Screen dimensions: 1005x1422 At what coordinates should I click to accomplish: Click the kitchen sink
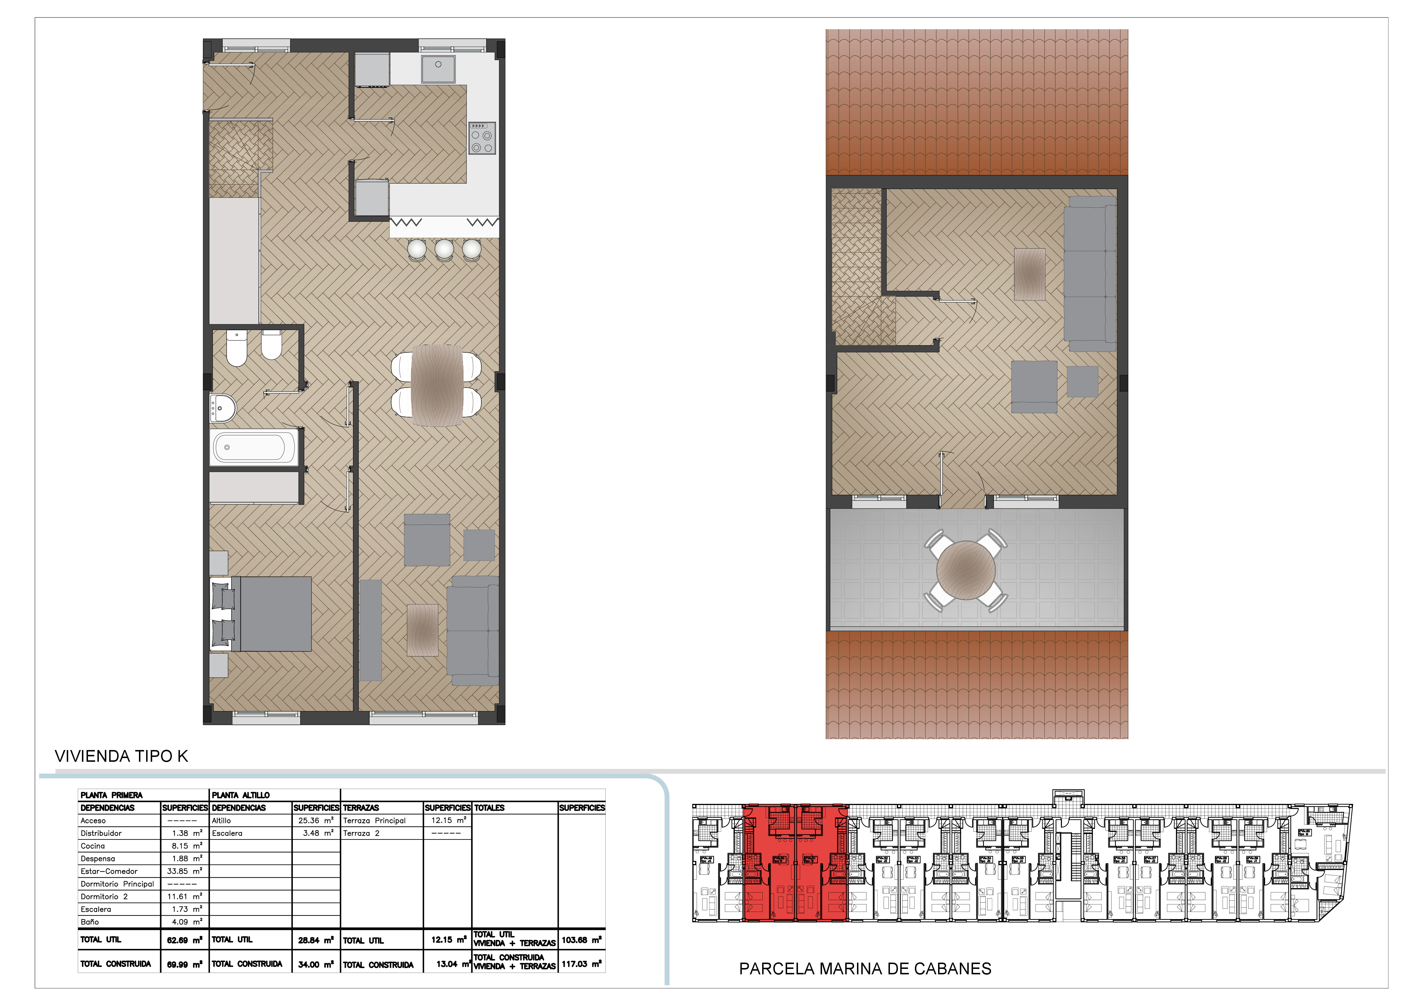[x=438, y=68]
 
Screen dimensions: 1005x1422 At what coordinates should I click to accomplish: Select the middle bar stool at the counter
[x=444, y=249]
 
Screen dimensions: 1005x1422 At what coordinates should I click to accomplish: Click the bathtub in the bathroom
[x=254, y=446]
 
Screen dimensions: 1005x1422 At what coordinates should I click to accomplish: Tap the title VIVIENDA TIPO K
[x=121, y=756]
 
